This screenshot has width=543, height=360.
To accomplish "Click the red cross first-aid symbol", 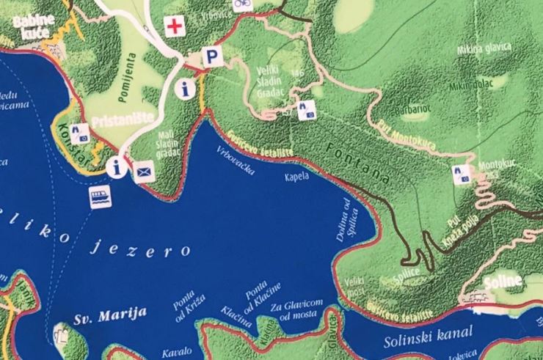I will (x=174, y=27).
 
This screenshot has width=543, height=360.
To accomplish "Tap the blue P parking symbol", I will (x=212, y=56).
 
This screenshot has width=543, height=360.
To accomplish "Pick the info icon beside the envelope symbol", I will (x=115, y=167).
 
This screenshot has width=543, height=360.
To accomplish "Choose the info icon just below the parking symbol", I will (x=186, y=89).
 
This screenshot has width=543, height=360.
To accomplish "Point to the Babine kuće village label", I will (x=34, y=26).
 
